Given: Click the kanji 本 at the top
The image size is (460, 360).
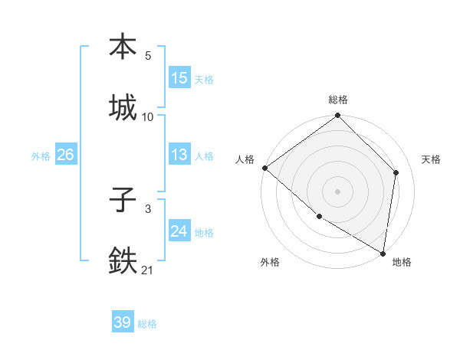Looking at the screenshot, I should [x=123, y=47].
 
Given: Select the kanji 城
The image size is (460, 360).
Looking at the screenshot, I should [x=123, y=107].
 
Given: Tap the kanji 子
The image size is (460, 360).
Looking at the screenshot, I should [x=123, y=201].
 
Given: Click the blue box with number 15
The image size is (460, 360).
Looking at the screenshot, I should [x=179, y=78].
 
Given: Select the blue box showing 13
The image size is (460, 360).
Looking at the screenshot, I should [x=179, y=155].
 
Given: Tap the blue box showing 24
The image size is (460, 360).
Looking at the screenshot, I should [x=179, y=231].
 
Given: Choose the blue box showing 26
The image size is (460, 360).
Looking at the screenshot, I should [x=65, y=155].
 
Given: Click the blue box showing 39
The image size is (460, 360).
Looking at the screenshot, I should [x=123, y=322].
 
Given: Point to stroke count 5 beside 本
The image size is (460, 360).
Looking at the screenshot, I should [x=148, y=56].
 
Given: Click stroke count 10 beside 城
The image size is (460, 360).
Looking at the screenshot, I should [x=148, y=116].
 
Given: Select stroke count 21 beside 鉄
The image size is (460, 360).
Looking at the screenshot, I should [x=148, y=270].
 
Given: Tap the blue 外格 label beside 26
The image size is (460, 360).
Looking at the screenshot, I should [x=41, y=156].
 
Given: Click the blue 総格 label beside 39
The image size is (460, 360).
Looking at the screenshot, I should [x=147, y=324].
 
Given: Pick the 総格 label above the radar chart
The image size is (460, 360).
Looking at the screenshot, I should [x=338, y=100].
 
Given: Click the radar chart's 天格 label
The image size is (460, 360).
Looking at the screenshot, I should [x=431, y=159].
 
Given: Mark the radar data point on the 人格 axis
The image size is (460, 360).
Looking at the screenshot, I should [x=264, y=168].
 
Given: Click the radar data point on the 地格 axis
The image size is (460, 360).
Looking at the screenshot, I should [x=383, y=253].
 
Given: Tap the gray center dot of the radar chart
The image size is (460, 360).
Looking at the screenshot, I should [x=337, y=191].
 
